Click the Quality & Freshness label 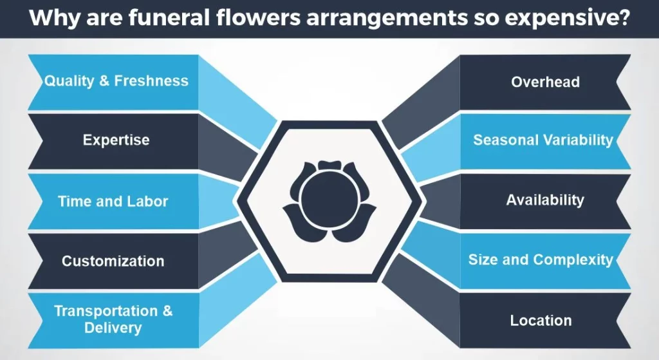pos(116,81)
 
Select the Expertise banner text pos(116,140)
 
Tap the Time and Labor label pos(113,202)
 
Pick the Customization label pos(113,261)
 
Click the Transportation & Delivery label pos(113,319)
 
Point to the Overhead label pos(546,82)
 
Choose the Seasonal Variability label pos(543,140)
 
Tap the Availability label pos(545,200)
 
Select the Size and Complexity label pos(541,260)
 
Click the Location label pos(541,321)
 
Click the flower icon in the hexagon pos(329,202)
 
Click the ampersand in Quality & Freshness pos(104,81)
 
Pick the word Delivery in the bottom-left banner pos(113,328)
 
